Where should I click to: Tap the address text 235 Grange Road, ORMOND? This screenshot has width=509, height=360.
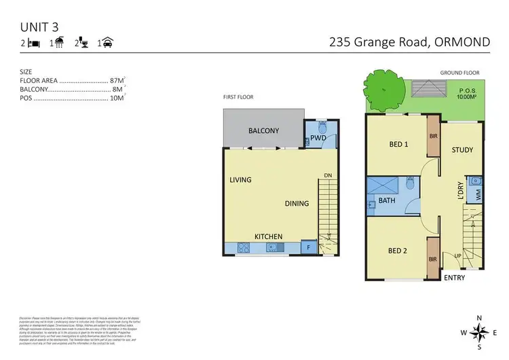[409, 42]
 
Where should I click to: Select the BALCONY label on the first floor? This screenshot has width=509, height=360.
[263, 131]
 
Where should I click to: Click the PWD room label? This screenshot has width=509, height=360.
[319, 139]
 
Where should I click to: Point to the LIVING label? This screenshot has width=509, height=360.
[240, 180]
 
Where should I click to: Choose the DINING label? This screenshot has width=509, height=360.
[297, 203]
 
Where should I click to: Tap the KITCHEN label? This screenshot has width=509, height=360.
[268, 236]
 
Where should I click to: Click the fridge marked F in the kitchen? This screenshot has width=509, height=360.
[309, 247]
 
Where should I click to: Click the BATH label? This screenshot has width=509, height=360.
[387, 201]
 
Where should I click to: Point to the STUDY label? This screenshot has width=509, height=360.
[461, 150]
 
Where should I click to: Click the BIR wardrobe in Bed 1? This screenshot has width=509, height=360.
[433, 137]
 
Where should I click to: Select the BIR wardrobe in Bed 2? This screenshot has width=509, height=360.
[433, 259]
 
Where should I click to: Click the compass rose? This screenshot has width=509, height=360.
[479, 332]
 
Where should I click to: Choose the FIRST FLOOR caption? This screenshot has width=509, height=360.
[238, 97]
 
